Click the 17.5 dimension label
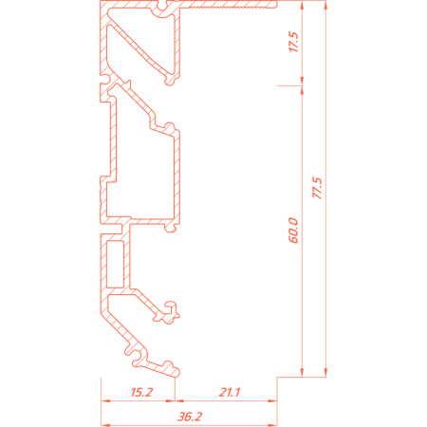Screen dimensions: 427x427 (x=293, y=42)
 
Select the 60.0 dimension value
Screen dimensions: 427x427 (x=293, y=231)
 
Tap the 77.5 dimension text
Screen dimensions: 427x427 (x=317, y=188)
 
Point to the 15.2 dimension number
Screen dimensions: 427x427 (x=141, y=392)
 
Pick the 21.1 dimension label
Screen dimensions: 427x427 (x=230, y=392)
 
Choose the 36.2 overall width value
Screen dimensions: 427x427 (x=190, y=417)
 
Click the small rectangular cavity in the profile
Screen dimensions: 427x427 (x=115, y=264)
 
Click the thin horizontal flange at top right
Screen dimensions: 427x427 (x=229, y=5)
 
